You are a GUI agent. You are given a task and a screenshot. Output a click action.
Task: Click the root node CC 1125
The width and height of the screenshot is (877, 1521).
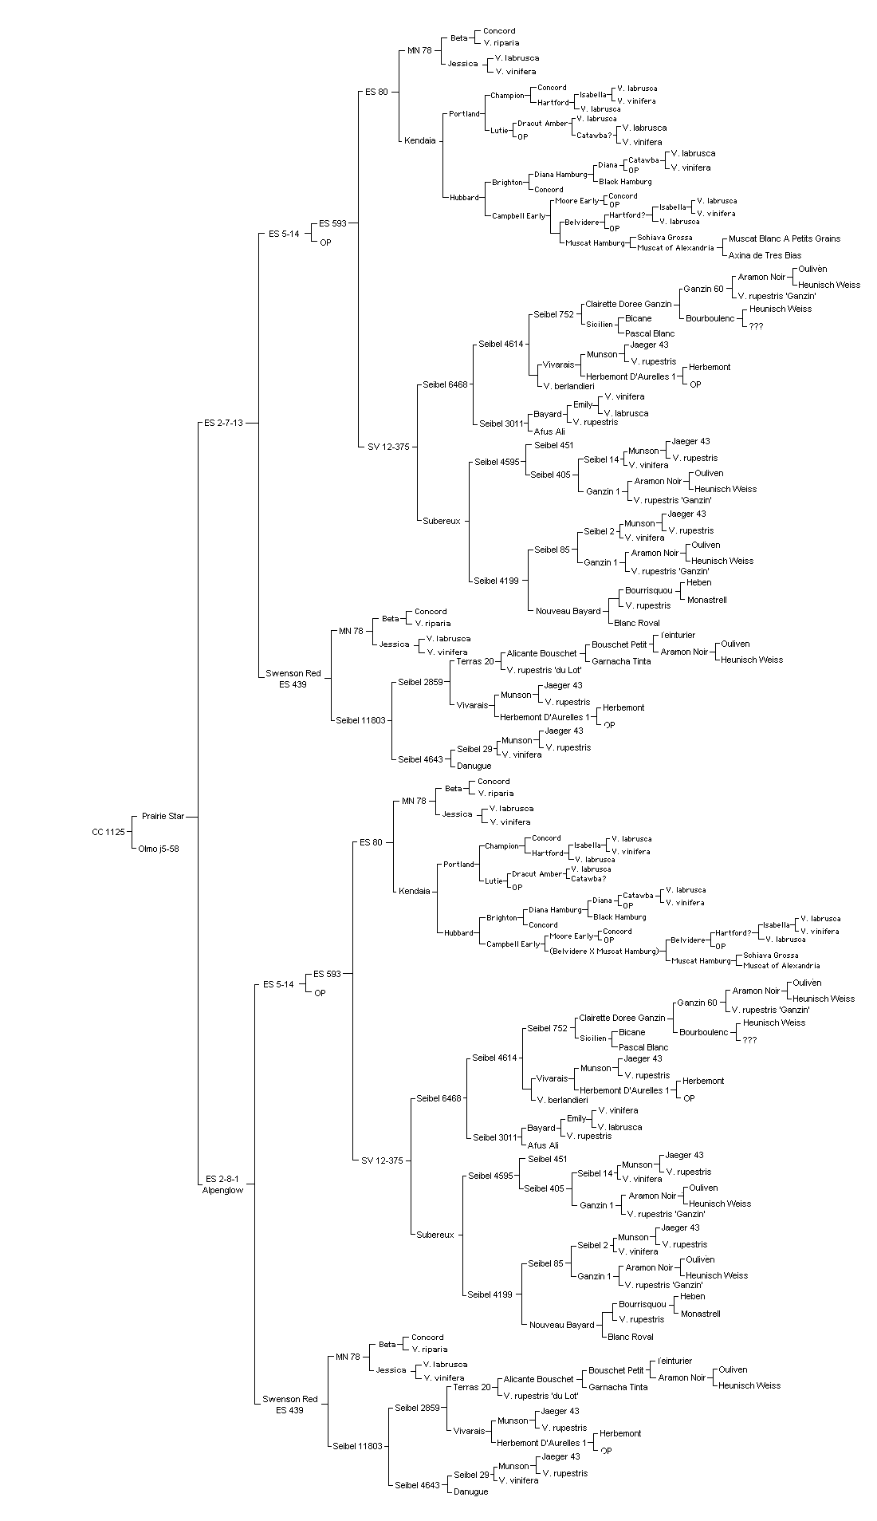click(x=108, y=832)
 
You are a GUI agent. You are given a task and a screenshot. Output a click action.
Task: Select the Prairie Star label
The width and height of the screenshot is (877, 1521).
click(x=163, y=816)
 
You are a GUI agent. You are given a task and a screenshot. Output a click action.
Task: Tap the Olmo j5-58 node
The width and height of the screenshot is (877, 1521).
click(x=159, y=849)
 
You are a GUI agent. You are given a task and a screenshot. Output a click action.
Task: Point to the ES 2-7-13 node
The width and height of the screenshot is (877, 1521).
click(x=223, y=423)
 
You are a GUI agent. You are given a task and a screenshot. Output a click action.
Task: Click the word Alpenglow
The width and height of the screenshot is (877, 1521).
click(x=222, y=1190)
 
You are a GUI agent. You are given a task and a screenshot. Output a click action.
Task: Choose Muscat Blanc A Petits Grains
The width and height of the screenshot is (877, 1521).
click(x=785, y=238)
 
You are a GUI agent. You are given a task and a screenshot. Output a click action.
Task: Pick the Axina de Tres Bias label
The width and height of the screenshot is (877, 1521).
click(x=765, y=255)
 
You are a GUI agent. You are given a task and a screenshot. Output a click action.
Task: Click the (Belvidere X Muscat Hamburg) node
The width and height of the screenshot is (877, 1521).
click(x=606, y=951)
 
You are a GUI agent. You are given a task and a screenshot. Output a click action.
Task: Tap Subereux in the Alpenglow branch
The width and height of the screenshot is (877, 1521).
click(x=435, y=1235)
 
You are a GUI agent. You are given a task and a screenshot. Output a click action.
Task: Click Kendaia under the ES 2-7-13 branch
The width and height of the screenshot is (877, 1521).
click(x=420, y=140)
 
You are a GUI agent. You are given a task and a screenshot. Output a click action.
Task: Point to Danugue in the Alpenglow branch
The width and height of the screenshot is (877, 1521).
click(x=471, y=1491)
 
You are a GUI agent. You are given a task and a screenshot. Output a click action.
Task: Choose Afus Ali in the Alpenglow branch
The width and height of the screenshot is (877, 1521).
click(x=543, y=1145)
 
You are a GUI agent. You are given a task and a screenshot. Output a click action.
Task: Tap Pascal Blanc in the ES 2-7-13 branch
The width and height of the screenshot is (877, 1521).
click(x=650, y=333)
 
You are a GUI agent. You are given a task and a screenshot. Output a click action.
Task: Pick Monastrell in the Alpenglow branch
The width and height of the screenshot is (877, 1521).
click(x=701, y=1314)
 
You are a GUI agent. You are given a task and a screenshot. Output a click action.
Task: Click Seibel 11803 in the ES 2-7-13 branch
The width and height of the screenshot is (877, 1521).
click(x=360, y=720)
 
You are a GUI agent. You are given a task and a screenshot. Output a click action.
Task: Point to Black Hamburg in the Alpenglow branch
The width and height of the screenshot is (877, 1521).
click(x=619, y=917)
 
